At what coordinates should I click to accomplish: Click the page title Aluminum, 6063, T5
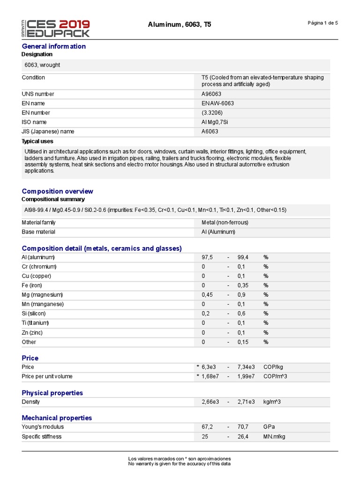[179, 24]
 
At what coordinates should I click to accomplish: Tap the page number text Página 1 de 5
[322, 23]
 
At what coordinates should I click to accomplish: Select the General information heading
[54, 46]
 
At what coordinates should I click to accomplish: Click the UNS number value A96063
[211, 94]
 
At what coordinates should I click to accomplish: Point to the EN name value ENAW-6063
[217, 104]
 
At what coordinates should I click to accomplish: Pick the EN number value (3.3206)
[211, 113]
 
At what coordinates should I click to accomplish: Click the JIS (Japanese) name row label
[48, 132]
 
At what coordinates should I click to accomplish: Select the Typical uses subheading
[37, 142]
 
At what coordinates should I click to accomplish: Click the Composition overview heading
[57, 191]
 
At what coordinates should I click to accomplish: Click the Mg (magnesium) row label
[42, 295]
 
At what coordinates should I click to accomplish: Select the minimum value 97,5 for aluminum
[207, 257]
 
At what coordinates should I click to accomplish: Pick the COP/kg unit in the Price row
[273, 367]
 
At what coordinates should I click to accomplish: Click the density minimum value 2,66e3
[209, 402]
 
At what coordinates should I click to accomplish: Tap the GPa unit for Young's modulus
[269, 427]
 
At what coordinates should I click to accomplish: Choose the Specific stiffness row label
[42, 437]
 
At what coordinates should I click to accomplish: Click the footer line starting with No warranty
[180, 464]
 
